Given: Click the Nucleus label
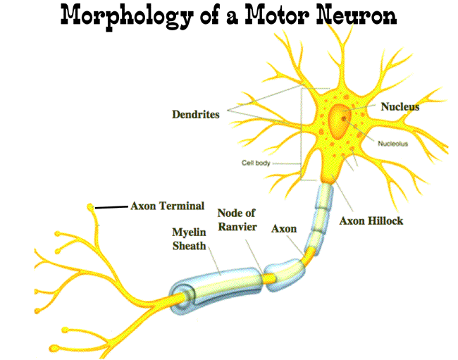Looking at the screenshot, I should click(x=400, y=107).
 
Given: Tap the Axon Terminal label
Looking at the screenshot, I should click(x=167, y=206).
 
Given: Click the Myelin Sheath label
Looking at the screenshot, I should click(x=189, y=238).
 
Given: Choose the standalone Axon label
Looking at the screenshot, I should click(x=284, y=229).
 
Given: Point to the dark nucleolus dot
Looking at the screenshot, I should click(x=345, y=119).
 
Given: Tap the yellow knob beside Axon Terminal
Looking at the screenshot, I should click(x=91, y=207).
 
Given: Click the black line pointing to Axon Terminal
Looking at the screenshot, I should click(x=111, y=207).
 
